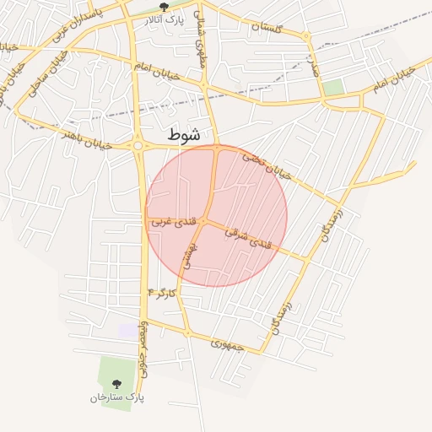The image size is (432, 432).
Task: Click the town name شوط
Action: click(185, 134)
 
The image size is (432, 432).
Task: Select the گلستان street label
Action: click(267, 28)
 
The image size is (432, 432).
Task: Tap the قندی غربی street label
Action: click(176, 222)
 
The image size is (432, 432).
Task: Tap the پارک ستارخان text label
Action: click(117, 396)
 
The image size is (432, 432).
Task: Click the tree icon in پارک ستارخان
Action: click(117, 384)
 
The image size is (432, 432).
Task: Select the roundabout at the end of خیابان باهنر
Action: click(138, 146)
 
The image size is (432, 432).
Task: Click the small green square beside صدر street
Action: click(333, 87)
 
